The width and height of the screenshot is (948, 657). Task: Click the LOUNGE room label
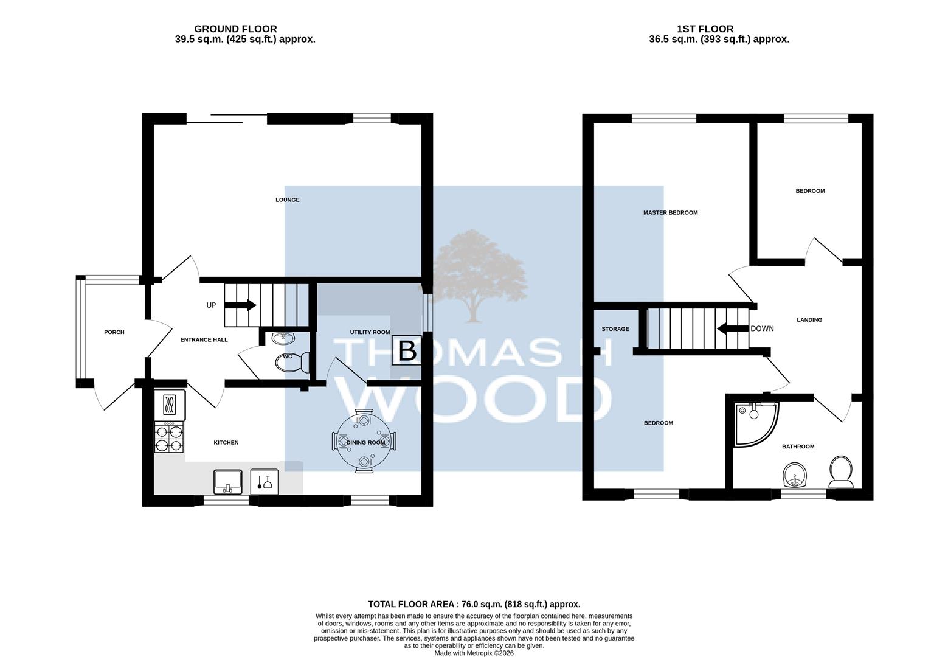click(x=288, y=200)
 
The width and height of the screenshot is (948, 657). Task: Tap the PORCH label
click(x=114, y=332)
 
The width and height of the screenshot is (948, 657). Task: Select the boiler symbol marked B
click(x=407, y=350)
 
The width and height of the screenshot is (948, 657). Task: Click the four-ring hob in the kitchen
click(x=169, y=438)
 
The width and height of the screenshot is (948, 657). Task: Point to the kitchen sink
click(x=228, y=482)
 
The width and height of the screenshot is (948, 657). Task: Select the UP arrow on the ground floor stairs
click(x=240, y=305)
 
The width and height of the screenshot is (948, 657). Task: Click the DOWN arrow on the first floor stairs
click(x=733, y=328)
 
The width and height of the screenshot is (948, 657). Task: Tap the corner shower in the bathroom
click(x=756, y=424)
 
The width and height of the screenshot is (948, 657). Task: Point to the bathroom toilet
click(x=841, y=472)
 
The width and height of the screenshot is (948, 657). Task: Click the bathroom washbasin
click(x=795, y=475)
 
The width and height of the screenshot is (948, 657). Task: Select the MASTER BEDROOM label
click(x=670, y=213)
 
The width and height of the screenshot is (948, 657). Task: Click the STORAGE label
click(x=615, y=329)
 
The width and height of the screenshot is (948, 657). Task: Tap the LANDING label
click(x=809, y=320)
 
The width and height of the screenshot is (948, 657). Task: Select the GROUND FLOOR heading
click(x=235, y=29)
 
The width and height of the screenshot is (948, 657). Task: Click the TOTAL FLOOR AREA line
click(x=474, y=604)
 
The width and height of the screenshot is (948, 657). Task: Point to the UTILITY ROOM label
click(x=370, y=332)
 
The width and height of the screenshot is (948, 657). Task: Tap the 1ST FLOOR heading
click(x=705, y=29)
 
